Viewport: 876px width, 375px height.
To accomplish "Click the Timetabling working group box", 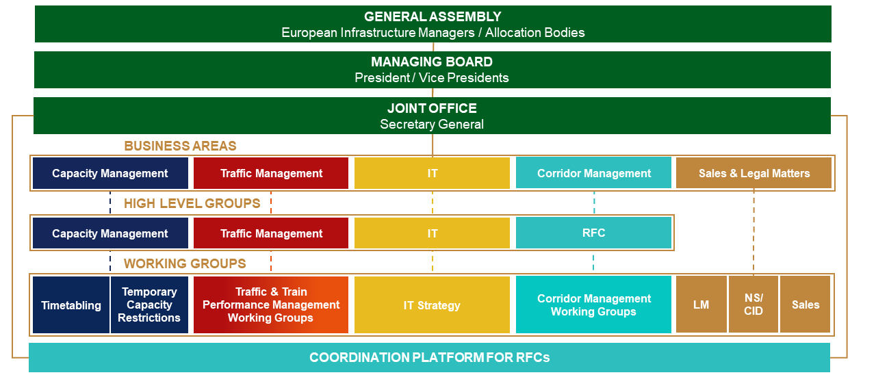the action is point(70,305).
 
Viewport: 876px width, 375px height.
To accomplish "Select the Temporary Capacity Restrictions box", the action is point(149,305).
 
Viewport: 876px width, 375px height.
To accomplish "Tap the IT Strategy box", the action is point(432,305).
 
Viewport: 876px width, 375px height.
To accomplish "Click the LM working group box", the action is point(701,305).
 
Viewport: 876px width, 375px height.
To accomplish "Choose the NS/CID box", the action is point(753,305).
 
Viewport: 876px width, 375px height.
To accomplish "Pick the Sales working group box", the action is point(805,305).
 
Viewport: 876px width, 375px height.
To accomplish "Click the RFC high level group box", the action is point(593,233).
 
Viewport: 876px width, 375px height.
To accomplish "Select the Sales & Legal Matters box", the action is point(753,173).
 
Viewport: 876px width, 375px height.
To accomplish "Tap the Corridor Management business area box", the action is point(593,173).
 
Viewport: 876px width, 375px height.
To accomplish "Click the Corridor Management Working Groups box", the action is point(593,305).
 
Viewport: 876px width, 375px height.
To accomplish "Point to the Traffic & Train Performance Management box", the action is point(270,305).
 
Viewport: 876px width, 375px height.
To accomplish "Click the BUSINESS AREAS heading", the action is point(180,146).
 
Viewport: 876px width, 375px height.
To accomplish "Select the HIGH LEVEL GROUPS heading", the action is point(192,203).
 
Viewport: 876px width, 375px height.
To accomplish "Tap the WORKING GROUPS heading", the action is point(185,263).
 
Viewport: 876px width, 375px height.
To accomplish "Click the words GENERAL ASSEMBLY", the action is point(433,16).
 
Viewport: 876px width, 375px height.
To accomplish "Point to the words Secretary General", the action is point(432,124).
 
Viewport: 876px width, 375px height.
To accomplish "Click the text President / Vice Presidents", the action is point(432,78).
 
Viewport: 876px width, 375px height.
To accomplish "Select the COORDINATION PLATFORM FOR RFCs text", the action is point(429,357).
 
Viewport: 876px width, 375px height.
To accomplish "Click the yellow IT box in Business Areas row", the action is point(432,173).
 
